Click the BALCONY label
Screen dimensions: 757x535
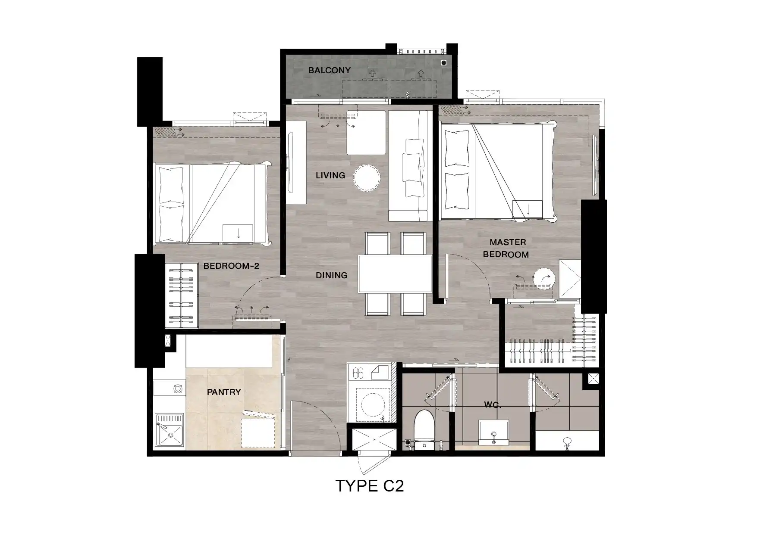click(x=329, y=70)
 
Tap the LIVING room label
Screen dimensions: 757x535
click(x=330, y=175)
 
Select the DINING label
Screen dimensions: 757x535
click(x=331, y=275)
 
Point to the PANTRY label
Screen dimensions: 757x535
click(x=223, y=392)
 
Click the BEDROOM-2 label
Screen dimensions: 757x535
click(x=231, y=266)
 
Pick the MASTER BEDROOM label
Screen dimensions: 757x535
click(x=506, y=248)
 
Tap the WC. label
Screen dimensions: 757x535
click(x=492, y=405)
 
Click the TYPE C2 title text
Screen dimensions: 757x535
click(x=370, y=486)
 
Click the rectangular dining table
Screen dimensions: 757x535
click(x=395, y=274)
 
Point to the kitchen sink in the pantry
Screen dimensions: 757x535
click(x=170, y=430)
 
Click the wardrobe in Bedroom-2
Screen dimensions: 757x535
click(x=182, y=295)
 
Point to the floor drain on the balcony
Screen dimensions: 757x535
click(x=444, y=63)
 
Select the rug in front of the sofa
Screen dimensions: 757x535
click(x=366, y=133)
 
